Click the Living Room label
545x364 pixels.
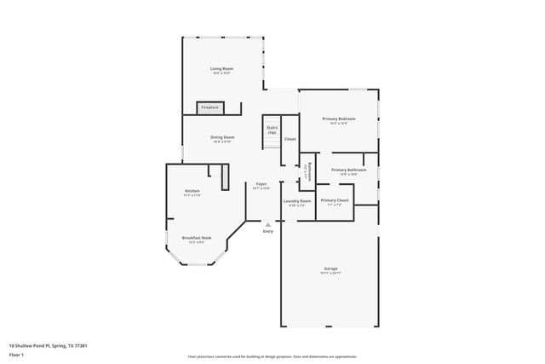(x=222, y=68)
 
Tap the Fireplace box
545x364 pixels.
(x=209, y=107)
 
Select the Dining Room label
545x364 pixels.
(x=222, y=136)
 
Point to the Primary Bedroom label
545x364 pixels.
(x=338, y=118)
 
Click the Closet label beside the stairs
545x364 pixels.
(x=290, y=139)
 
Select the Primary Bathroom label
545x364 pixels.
(x=349, y=170)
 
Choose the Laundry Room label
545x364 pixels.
(x=297, y=201)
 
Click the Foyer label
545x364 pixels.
(x=261, y=184)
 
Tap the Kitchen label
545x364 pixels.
(x=192, y=191)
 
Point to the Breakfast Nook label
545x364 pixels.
(x=196, y=238)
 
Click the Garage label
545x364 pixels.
(x=330, y=269)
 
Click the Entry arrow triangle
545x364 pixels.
(x=268, y=224)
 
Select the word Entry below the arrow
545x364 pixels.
(x=268, y=231)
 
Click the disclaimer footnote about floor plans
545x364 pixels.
(x=272, y=357)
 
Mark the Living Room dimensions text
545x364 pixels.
(x=222, y=73)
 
